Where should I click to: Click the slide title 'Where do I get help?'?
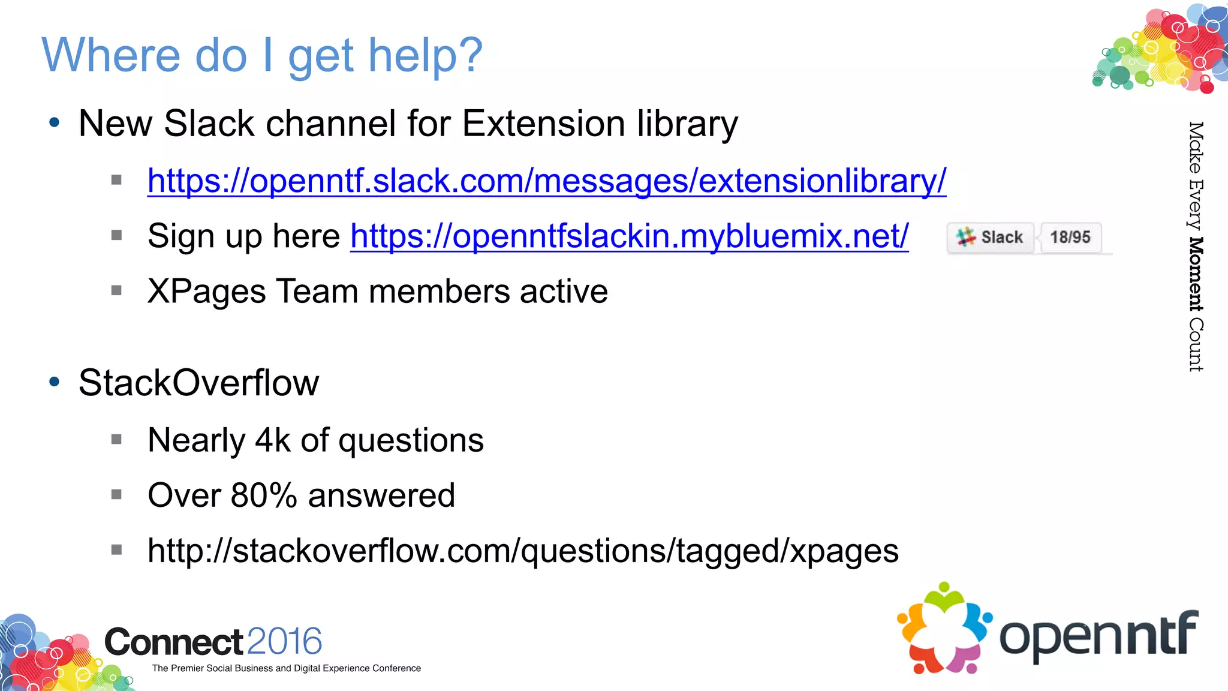pyautogui.click(x=261, y=55)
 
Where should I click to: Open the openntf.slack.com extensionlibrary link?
pyautogui.click(x=546, y=181)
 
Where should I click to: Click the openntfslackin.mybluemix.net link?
pyautogui.click(x=629, y=236)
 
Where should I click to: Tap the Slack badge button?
pyautogui.click(x=991, y=238)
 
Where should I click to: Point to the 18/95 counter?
pyautogui.click(x=1070, y=238)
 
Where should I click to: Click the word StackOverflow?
pyautogui.click(x=198, y=383)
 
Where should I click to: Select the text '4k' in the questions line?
pyautogui.click(x=273, y=440)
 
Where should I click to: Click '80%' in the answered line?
pyautogui.click(x=264, y=495)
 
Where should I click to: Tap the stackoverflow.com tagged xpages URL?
pyautogui.click(x=522, y=551)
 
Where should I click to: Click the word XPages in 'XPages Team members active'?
pyautogui.click(x=206, y=292)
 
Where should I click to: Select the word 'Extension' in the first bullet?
pyautogui.click(x=543, y=124)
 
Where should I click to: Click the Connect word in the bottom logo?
pyautogui.click(x=173, y=642)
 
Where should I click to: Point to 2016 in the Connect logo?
pyautogui.click(x=284, y=641)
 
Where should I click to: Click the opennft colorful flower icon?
pyautogui.click(x=944, y=628)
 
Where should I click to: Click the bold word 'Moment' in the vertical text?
pyautogui.click(x=1196, y=274)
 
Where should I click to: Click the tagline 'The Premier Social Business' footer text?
pyautogui.click(x=286, y=668)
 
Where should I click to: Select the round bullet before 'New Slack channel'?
pyautogui.click(x=55, y=123)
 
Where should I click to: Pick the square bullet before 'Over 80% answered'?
pyautogui.click(x=116, y=494)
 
